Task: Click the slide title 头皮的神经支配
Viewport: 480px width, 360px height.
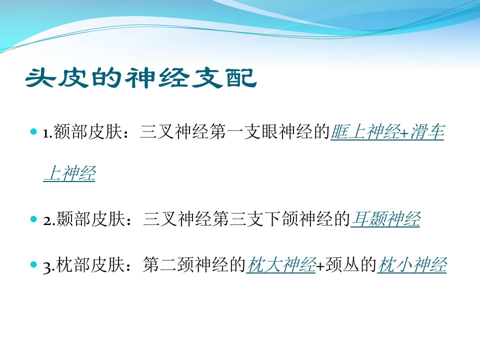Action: (x=141, y=78)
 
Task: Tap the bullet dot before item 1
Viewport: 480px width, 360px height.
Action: (x=33, y=132)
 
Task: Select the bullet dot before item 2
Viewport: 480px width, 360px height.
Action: (x=33, y=219)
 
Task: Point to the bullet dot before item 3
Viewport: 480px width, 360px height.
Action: (x=33, y=264)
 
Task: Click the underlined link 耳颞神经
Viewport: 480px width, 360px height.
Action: (x=385, y=219)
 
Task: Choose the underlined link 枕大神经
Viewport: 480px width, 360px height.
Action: (x=281, y=264)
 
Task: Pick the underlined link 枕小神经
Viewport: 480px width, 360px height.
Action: (x=412, y=264)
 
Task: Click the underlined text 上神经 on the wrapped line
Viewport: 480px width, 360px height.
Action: (x=69, y=173)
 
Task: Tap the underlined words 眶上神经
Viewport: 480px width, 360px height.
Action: (x=365, y=132)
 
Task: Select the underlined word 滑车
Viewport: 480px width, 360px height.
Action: (x=427, y=132)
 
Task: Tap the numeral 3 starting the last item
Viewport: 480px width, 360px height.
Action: (x=46, y=267)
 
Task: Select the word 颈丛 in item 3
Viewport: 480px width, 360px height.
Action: (x=342, y=264)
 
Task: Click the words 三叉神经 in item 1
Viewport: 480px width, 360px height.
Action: (x=175, y=132)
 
